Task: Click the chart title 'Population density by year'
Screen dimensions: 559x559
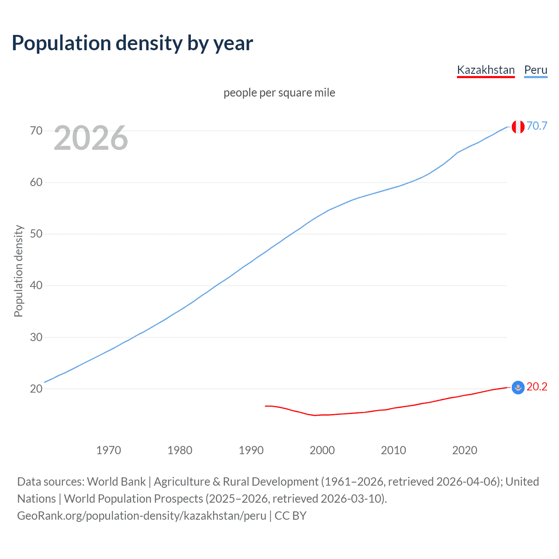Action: (x=132, y=43)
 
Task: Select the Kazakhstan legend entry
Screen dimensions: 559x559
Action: (x=486, y=70)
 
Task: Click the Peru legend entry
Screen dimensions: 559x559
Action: (x=535, y=70)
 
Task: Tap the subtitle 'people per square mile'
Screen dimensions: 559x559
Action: (x=279, y=93)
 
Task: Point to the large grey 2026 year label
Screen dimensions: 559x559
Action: (x=91, y=138)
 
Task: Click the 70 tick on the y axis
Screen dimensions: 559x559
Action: (x=36, y=131)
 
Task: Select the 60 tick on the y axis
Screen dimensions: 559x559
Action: (x=36, y=182)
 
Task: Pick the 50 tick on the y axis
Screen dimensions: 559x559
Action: (x=36, y=234)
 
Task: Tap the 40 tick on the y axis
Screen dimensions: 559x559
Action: (x=36, y=285)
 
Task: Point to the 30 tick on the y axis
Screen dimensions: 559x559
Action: (x=36, y=337)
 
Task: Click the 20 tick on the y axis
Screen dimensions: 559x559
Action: (x=36, y=389)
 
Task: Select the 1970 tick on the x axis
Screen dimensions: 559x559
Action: (x=108, y=450)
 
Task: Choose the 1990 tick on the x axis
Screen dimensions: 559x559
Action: (x=251, y=450)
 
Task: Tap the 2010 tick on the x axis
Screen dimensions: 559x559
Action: (x=393, y=450)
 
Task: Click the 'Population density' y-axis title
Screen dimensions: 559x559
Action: (x=18, y=271)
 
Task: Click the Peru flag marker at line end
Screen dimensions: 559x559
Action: (x=518, y=127)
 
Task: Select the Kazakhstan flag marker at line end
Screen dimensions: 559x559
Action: (x=518, y=387)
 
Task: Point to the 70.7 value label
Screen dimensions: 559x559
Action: (x=537, y=126)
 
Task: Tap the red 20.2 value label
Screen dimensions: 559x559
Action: (x=537, y=387)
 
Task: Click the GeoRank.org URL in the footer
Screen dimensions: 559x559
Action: (x=141, y=516)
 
